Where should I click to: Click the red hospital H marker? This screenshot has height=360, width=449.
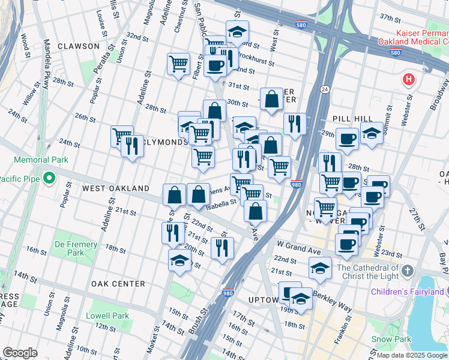pyautogui.click(x=408, y=79)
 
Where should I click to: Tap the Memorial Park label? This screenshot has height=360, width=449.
pyautogui.click(x=41, y=160)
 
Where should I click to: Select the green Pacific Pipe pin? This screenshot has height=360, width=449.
pyautogui.click(x=50, y=178)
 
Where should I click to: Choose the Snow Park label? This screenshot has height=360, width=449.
pyautogui.click(x=390, y=339)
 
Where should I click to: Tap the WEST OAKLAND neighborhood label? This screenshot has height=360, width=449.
pyautogui.click(x=115, y=188)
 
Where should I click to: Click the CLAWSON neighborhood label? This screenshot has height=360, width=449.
pyautogui.click(x=78, y=46)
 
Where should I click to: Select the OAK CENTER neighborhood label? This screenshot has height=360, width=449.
pyautogui.click(x=118, y=283)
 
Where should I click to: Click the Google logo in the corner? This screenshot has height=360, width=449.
pyautogui.click(x=20, y=353)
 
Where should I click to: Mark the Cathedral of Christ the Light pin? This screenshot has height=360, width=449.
pyautogui.click(x=408, y=271)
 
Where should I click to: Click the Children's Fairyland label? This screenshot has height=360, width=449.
pyautogui.click(x=409, y=293)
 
